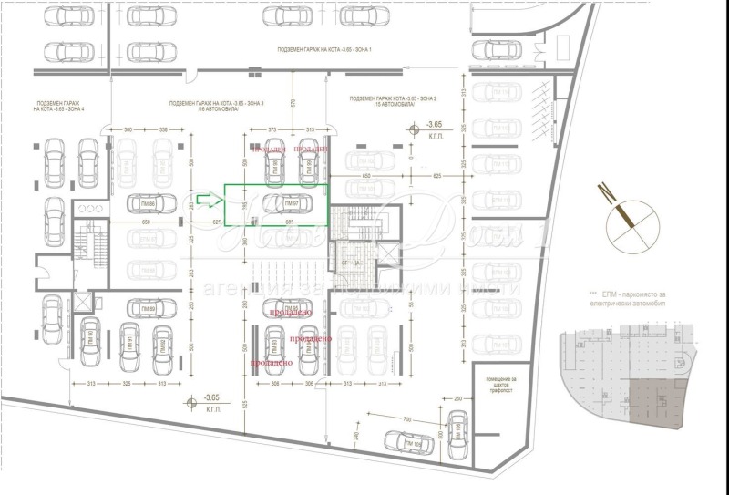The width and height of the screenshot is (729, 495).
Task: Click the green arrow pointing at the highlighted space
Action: coord(209,199)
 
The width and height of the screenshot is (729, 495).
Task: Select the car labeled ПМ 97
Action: coord(284,202)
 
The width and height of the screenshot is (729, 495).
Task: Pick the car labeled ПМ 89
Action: coord(147,310)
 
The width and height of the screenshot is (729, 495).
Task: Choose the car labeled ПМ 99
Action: coord(309,165)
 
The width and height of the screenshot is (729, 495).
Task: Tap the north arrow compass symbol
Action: coord(626,218)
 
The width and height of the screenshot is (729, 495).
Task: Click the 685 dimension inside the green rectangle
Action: coord(289,221)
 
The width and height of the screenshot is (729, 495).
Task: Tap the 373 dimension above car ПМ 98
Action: coord(272,130)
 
